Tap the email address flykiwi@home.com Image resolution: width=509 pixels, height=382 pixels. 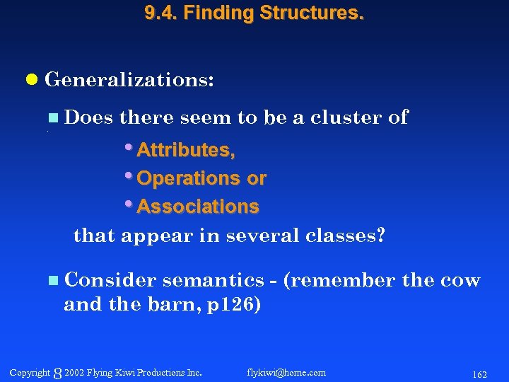click(x=286, y=372)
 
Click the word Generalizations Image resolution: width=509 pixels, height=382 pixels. click(x=127, y=80)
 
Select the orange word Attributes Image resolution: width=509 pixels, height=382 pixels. click(x=185, y=150)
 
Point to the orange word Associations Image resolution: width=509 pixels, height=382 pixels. click(x=198, y=207)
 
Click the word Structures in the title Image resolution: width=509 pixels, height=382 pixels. click(x=320, y=13)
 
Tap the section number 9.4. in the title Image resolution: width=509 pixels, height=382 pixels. click(x=160, y=13)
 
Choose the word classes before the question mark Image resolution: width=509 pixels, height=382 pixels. click(x=341, y=236)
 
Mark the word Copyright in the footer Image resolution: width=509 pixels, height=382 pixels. click(x=30, y=372)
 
